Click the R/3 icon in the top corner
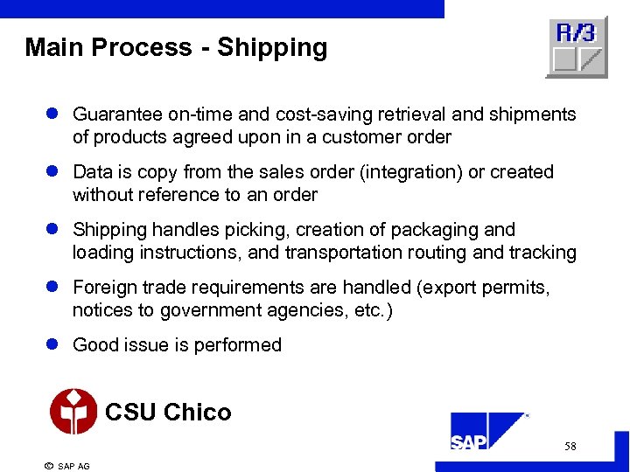tap(576, 46)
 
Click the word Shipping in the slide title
tap(272, 47)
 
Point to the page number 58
tap(570, 447)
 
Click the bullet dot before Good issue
tap(52, 345)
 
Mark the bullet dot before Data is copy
tap(52, 172)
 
